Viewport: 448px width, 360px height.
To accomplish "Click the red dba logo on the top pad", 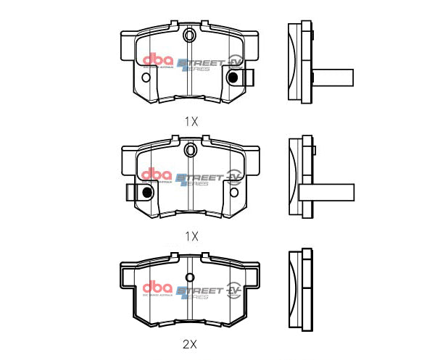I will pos(157,61).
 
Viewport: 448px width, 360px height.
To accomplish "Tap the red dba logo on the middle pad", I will pos(157,176).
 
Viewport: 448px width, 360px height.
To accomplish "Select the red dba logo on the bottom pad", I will pos(157,288).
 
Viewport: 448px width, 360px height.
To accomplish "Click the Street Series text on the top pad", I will pos(199,64).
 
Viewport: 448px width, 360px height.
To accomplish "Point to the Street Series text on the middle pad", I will pos(199,179).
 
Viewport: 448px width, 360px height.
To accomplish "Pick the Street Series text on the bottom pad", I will pos(199,291).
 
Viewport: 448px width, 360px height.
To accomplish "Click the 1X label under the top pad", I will pos(191,122).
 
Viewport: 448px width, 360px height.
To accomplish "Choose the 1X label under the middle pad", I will pos(191,236).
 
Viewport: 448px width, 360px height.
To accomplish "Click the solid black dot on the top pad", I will pos(233,77).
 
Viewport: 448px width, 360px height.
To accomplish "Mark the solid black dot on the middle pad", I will pos(147,193).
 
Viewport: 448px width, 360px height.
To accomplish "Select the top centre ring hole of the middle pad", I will pos(190,150).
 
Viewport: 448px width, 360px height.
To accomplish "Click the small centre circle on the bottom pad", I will pos(190,277).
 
